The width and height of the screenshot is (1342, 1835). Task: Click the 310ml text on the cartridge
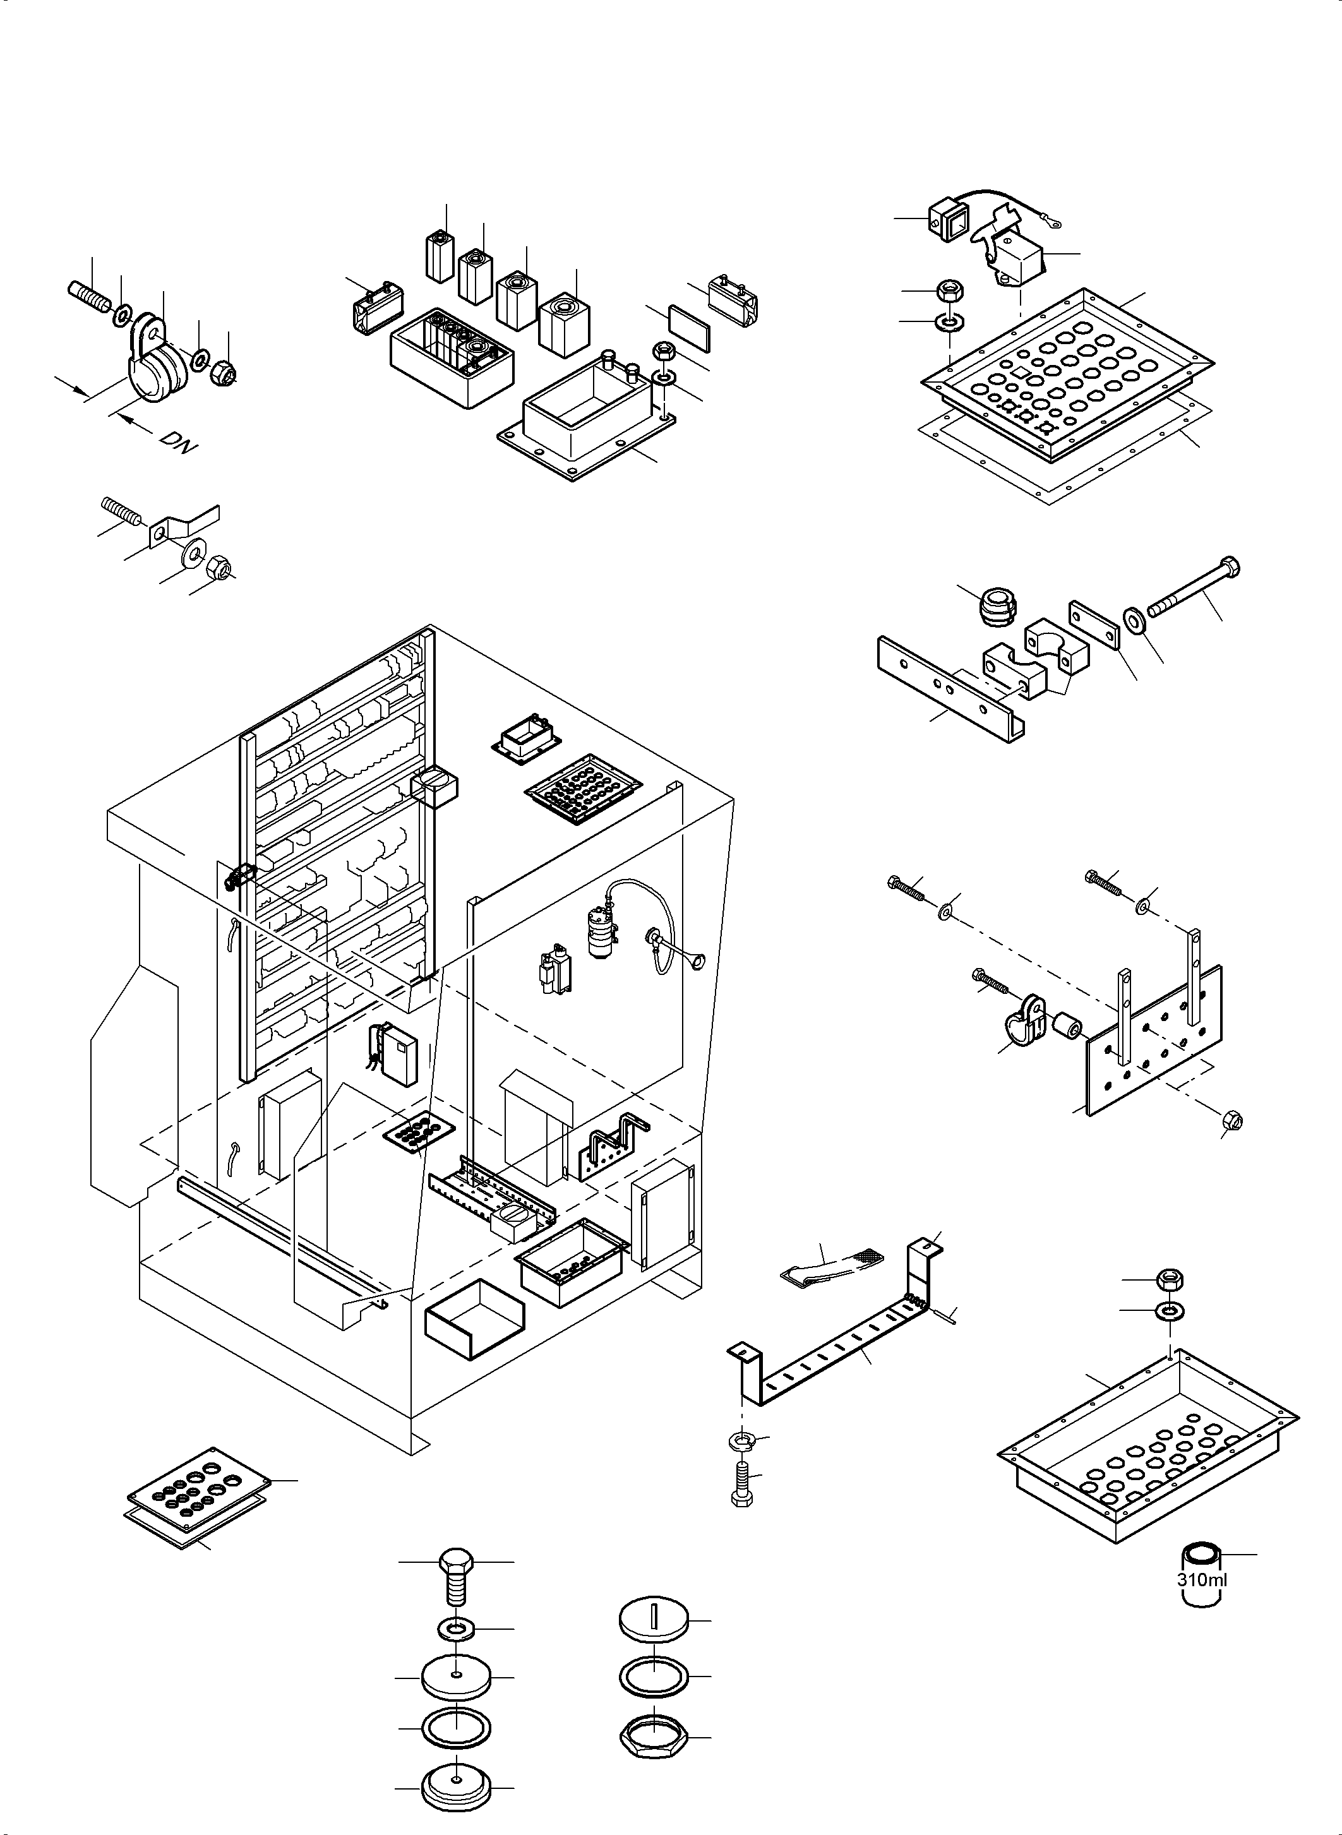pyautogui.click(x=1201, y=1581)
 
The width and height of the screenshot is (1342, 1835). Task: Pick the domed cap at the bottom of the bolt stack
pyautogui.click(x=456, y=1784)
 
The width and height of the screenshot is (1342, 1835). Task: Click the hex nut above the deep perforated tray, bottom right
pyautogui.click(x=1169, y=1280)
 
